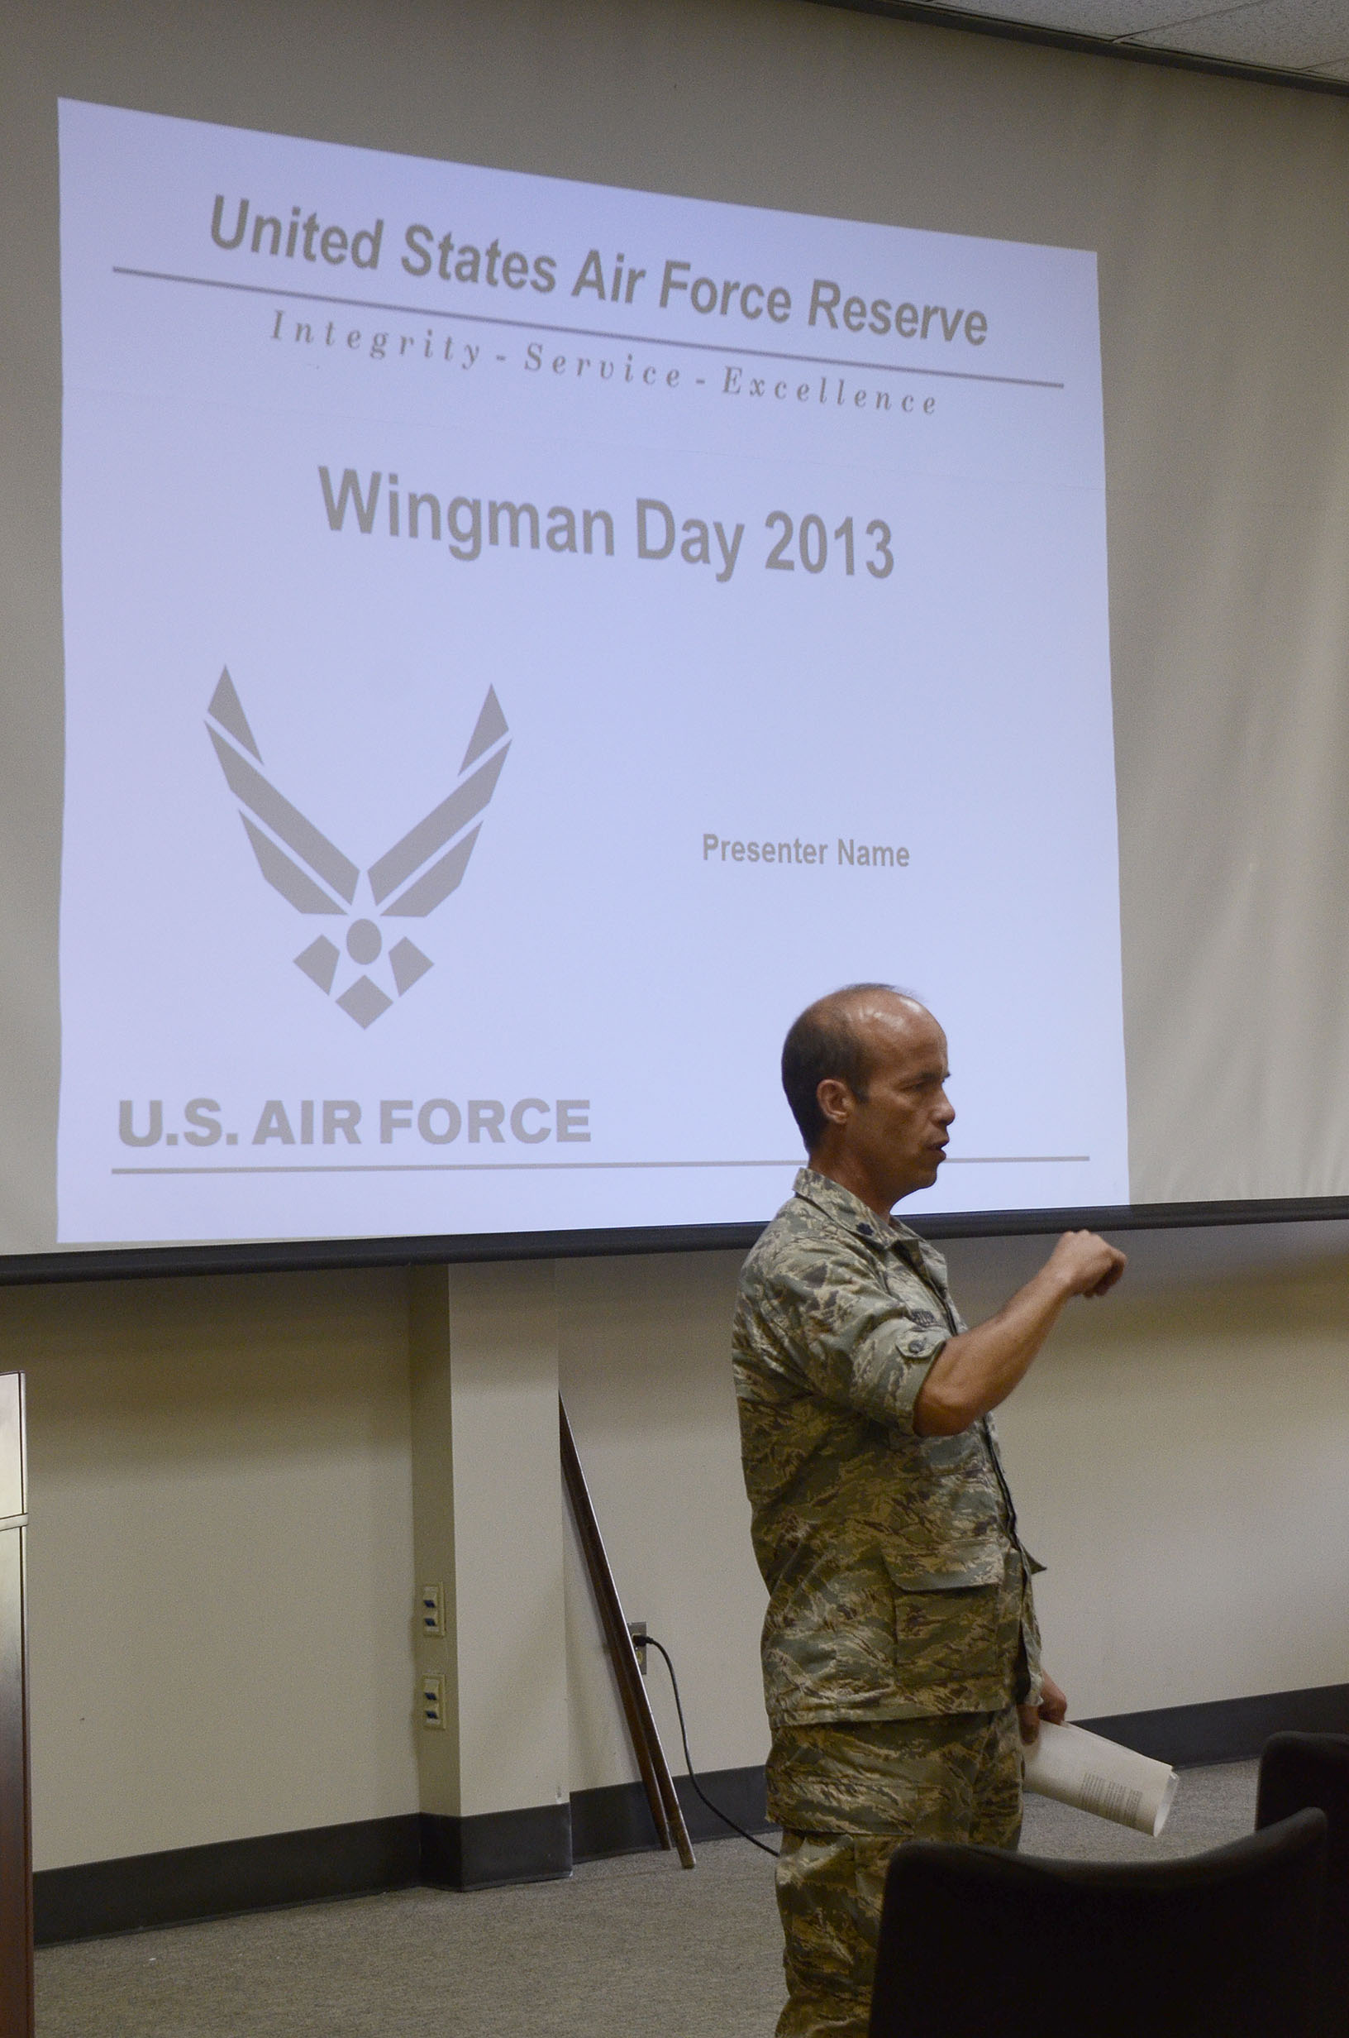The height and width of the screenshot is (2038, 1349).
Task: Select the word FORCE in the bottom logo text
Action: coord(485,1122)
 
